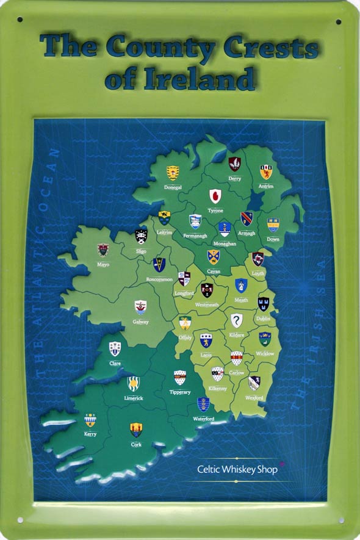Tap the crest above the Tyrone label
click(x=215, y=196)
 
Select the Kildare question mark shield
click(x=236, y=320)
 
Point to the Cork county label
click(x=136, y=445)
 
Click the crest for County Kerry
click(x=90, y=420)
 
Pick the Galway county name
click(x=140, y=322)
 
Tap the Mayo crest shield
click(x=103, y=250)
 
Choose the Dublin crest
click(x=264, y=303)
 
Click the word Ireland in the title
click(x=179, y=80)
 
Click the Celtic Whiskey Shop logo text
click(x=237, y=469)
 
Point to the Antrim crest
click(x=265, y=171)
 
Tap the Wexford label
click(x=254, y=398)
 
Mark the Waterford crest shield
click(x=203, y=404)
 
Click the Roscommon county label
click(x=159, y=279)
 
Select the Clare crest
click(x=115, y=348)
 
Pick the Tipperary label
click(x=180, y=392)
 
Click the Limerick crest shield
click(x=133, y=384)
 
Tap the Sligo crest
click(x=141, y=236)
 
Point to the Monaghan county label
click(x=225, y=243)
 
